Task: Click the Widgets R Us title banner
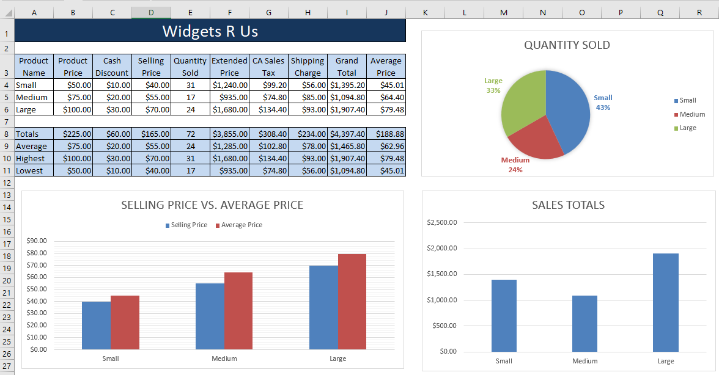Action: point(210,31)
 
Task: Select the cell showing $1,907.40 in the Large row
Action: point(347,109)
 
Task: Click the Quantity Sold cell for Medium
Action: point(190,97)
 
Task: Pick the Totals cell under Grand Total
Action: point(347,134)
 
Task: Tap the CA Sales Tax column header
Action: point(268,67)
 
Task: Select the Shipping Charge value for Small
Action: point(308,85)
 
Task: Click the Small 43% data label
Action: point(603,103)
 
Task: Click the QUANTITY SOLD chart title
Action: point(567,45)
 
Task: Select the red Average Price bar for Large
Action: point(352,302)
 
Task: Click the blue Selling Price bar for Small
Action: point(96,325)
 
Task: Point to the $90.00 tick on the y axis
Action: point(37,241)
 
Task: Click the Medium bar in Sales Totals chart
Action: point(584,324)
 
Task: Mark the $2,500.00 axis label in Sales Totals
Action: point(442,222)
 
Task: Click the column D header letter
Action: point(151,12)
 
